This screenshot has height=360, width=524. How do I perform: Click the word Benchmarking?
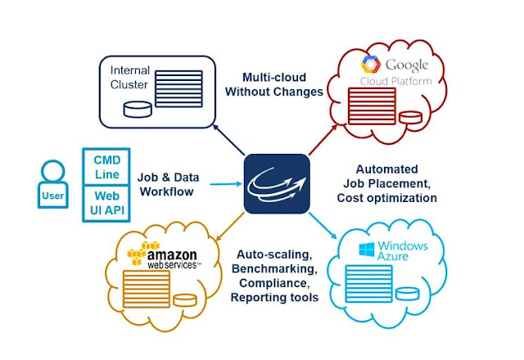click(275, 268)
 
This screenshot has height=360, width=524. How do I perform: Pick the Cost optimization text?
click(387, 197)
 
